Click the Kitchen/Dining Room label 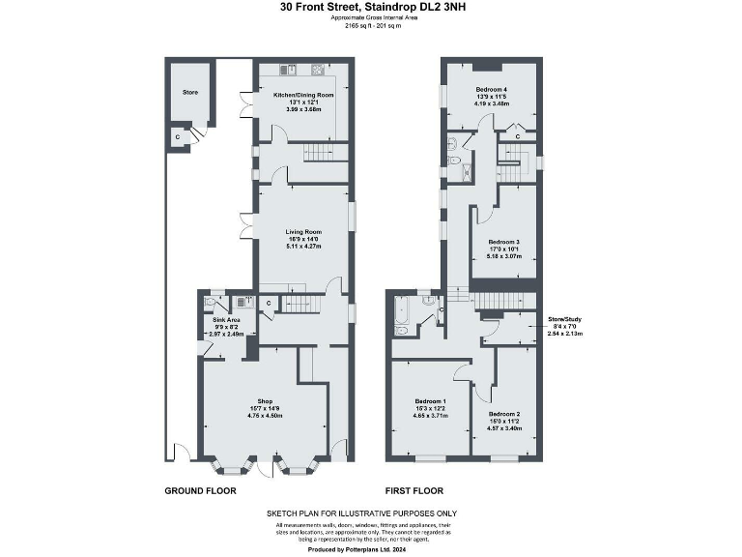click(x=303, y=96)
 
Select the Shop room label click(x=265, y=401)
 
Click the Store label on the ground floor click(x=190, y=93)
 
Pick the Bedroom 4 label click(x=491, y=90)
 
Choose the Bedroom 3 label click(x=504, y=242)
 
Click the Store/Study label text click(x=565, y=319)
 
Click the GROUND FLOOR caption click(x=200, y=491)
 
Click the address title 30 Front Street click(x=370, y=8)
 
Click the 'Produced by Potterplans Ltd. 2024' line click(x=362, y=548)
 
